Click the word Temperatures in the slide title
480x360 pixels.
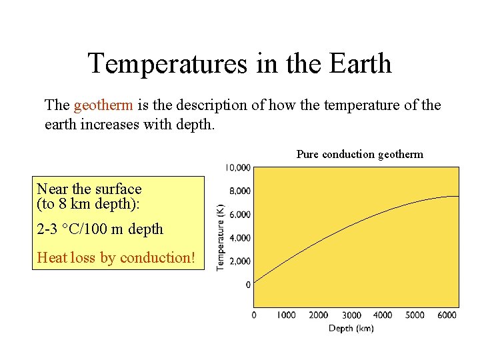(167, 64)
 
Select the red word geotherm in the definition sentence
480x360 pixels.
(104, 105)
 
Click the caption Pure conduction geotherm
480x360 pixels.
(359, 155)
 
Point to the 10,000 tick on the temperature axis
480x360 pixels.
(238, 167)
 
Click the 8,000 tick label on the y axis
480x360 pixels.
(240, 191)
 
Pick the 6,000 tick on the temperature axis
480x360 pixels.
(240, 215)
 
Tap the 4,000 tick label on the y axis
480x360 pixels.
(240, 238)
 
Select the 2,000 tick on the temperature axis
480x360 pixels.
(240, 261)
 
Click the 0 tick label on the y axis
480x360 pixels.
(248, 285)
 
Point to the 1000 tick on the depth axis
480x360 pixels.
(285, 315)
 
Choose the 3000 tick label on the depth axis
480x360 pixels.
(351, 315)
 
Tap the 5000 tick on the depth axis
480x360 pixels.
(415, 315)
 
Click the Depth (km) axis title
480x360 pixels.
(351, 328)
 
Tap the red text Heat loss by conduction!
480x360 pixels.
(117, 258)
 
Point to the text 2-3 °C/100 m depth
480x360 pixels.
(100, 229)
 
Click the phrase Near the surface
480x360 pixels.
(89, 189)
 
